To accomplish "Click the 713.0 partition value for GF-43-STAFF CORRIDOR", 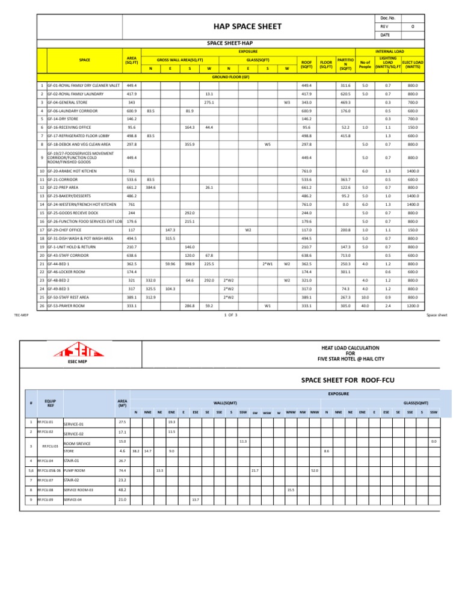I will tap(345, 255).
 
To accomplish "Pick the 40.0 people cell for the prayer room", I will tap(365, 306).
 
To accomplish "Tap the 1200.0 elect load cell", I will tap(413, 306).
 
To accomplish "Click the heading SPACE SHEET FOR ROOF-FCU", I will tap(338, 380).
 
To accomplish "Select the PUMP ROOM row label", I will tap(75, 470).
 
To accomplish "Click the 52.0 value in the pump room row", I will tap(314, 470).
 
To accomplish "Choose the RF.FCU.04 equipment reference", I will tap(46, 461).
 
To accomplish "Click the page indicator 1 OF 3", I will tap(231, 315).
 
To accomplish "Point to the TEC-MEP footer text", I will tap(22, 315).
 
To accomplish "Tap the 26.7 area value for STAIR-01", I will tap(122, 461).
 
